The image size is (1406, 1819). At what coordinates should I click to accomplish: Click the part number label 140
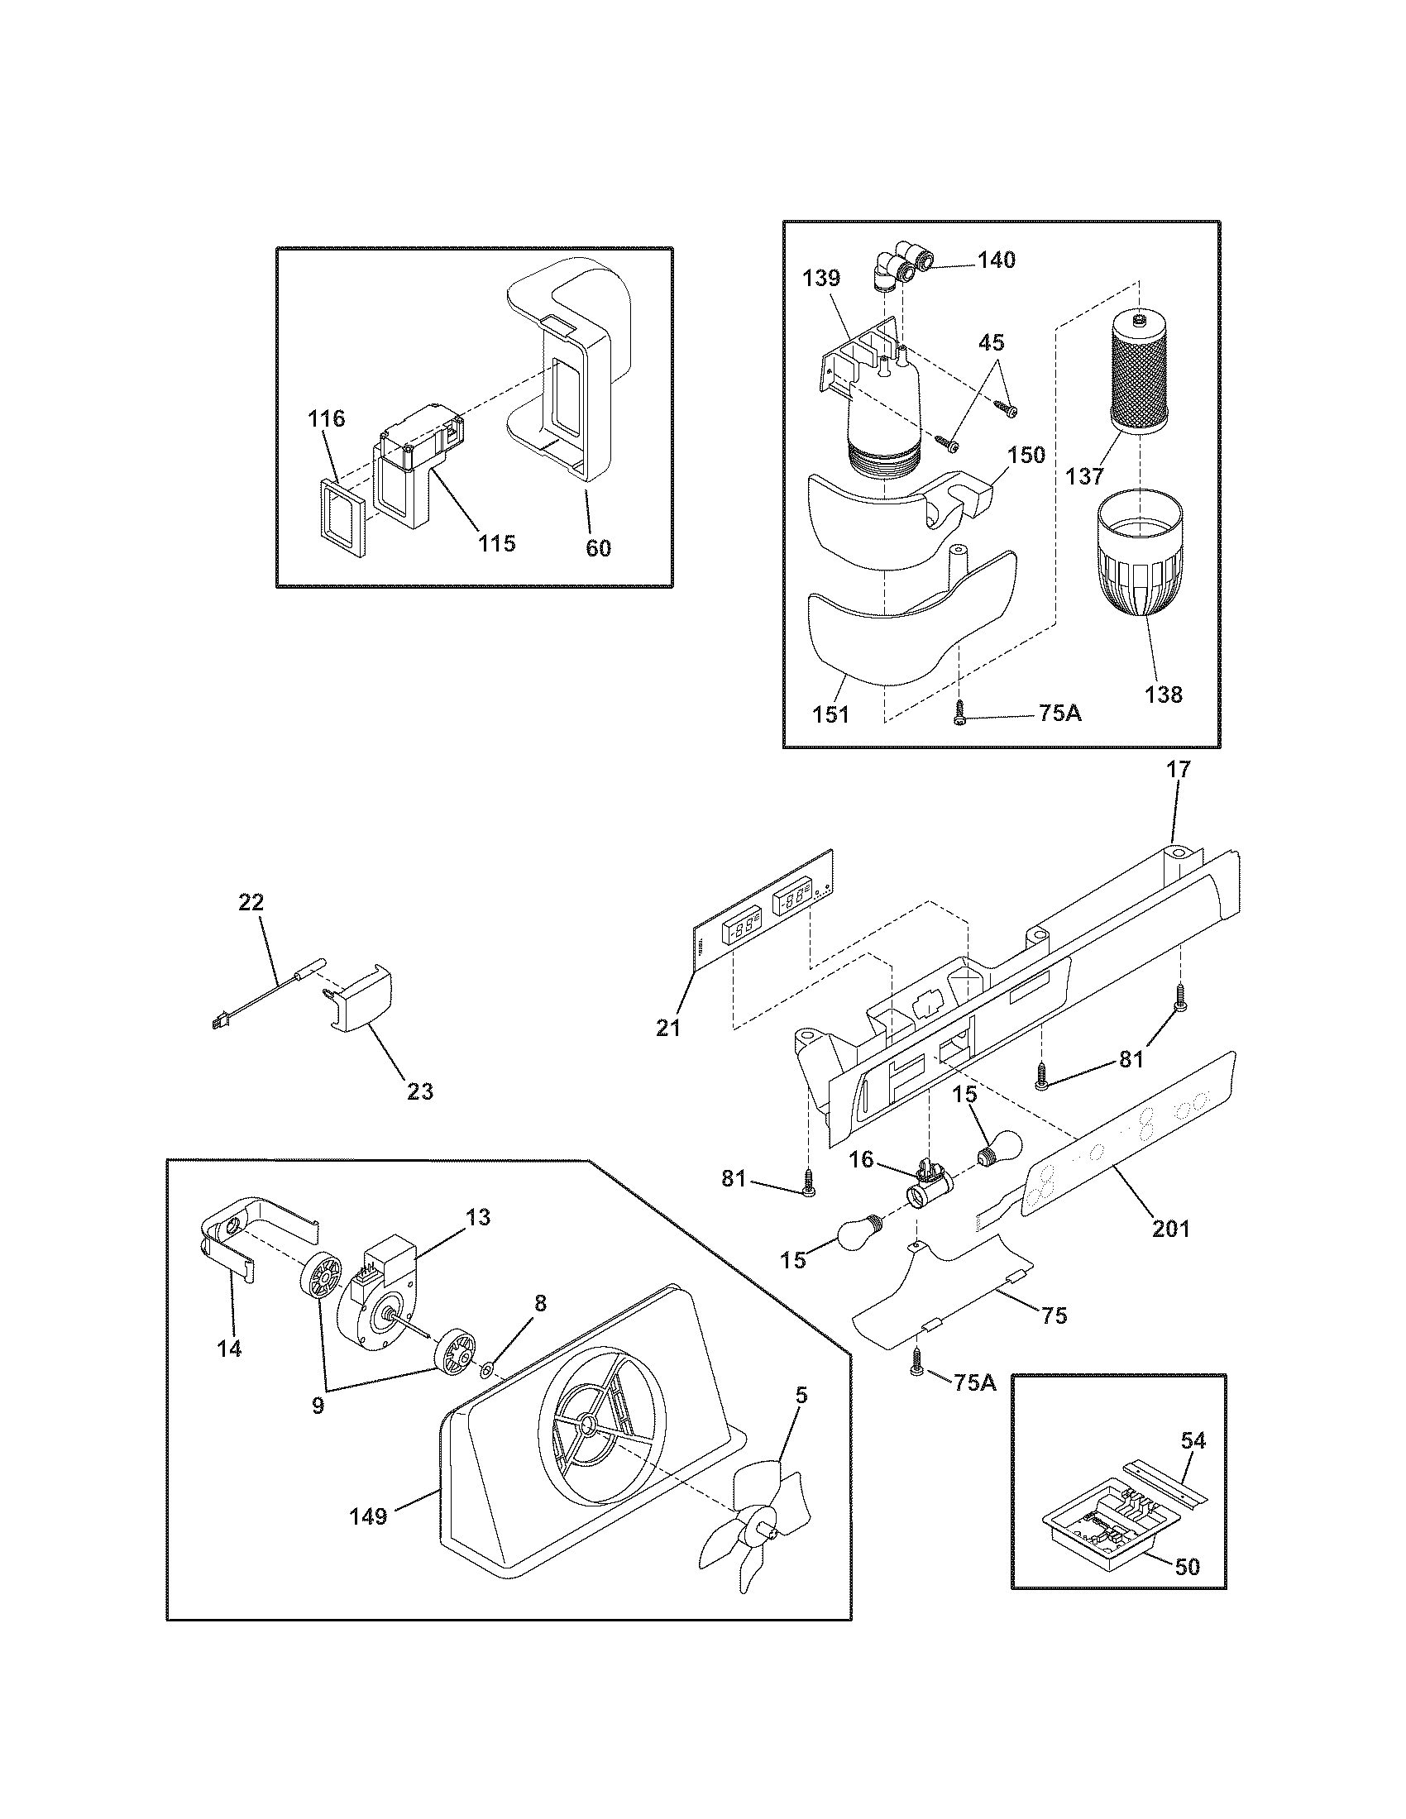997,260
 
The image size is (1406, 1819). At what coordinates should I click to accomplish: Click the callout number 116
326,418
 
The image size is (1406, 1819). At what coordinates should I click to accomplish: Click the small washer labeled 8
488,1368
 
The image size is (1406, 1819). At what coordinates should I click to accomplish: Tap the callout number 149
368,1516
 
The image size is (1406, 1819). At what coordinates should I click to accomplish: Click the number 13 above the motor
478,1217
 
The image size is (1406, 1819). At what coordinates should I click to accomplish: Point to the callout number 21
668,1028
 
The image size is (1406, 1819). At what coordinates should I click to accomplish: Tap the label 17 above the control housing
1179,770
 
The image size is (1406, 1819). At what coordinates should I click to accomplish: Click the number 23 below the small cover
420,1091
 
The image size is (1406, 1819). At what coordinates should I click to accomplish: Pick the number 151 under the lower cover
830,714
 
